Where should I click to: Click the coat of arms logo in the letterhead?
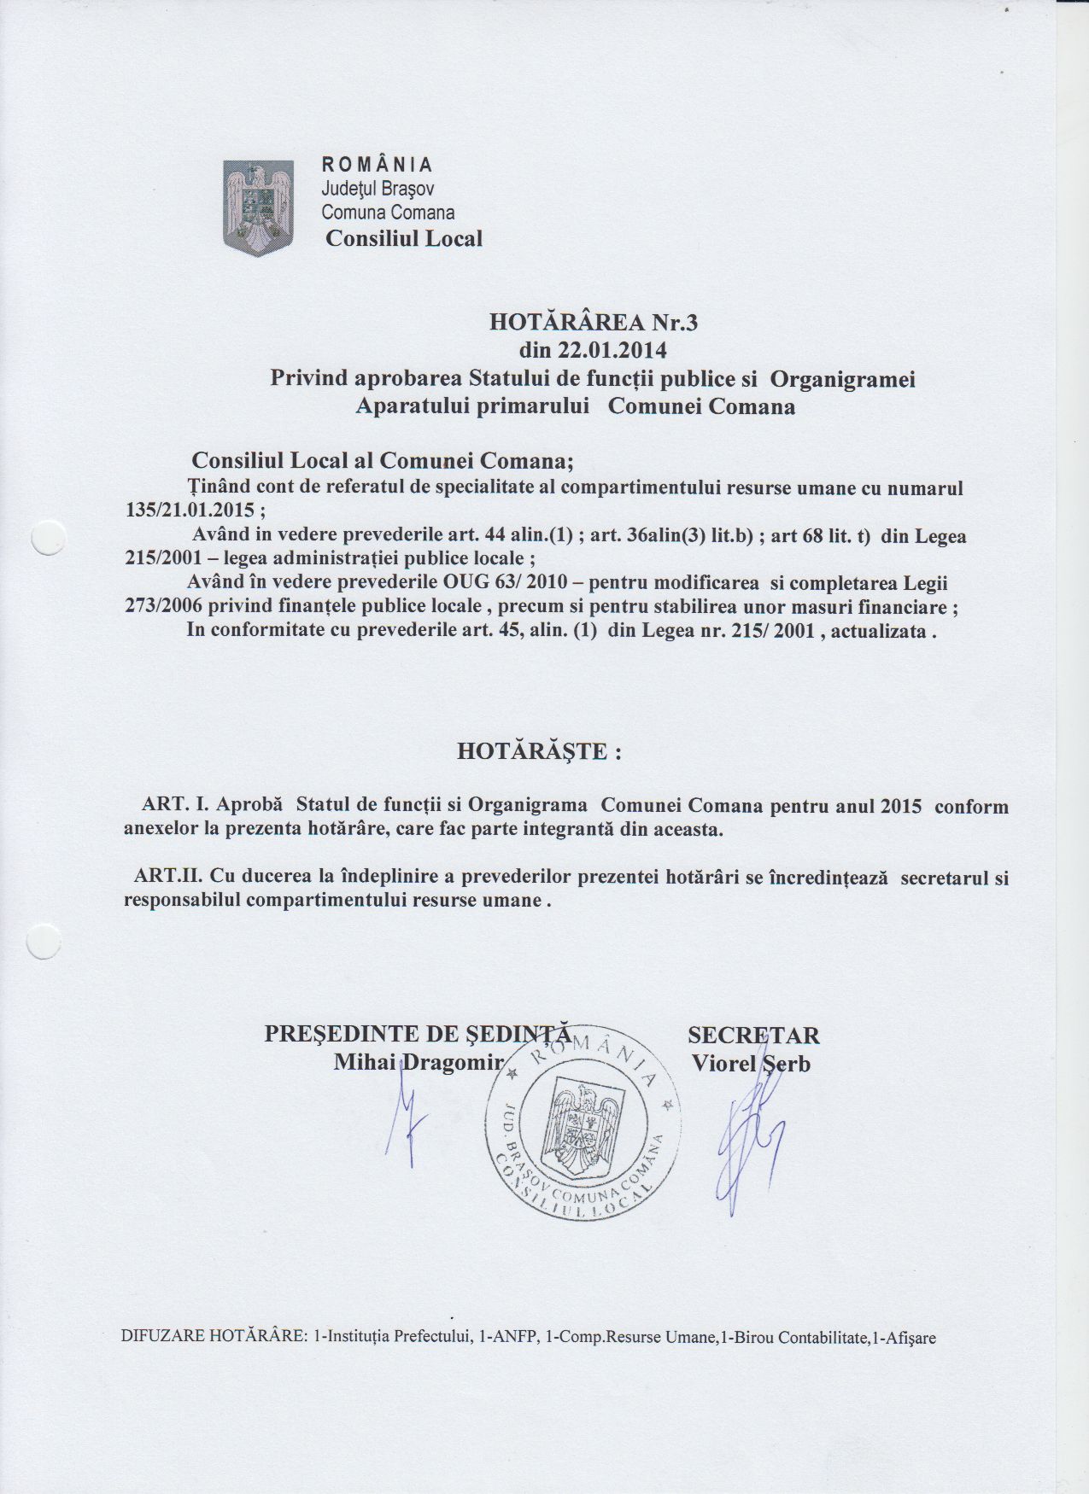(x=258, y=207)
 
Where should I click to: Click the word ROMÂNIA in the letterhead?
(x=377, y=165)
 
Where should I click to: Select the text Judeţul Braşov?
(x=378, y=189)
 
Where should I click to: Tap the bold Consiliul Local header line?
(x=404, y=239)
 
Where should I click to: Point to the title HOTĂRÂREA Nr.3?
(x=594, y=323)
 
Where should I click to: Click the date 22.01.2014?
(x=612, y=350)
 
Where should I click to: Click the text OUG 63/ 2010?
(x=521, y=584)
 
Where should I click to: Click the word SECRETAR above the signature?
(x=753, y=1035)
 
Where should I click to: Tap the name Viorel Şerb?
(x=752, y=1064)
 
